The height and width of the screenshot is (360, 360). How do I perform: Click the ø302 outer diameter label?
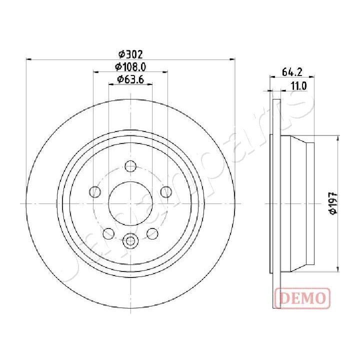(130, 54)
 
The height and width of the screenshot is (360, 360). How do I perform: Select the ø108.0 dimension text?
(130, 66)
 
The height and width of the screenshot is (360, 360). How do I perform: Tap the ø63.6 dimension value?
(130, 79)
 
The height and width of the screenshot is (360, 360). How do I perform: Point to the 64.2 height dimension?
(291, 72)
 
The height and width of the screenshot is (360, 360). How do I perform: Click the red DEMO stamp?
(302, 298)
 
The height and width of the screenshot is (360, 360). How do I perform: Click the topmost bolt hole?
(130, 166)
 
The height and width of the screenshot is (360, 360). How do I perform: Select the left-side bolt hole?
(94, 191)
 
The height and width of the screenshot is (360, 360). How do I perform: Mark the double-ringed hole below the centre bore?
(130, 241)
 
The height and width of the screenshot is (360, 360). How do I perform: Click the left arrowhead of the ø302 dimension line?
(28, 59)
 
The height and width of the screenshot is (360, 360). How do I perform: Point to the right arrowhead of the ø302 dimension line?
(233, 59)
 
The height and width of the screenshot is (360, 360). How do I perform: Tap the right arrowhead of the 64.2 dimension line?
(312, 77)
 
